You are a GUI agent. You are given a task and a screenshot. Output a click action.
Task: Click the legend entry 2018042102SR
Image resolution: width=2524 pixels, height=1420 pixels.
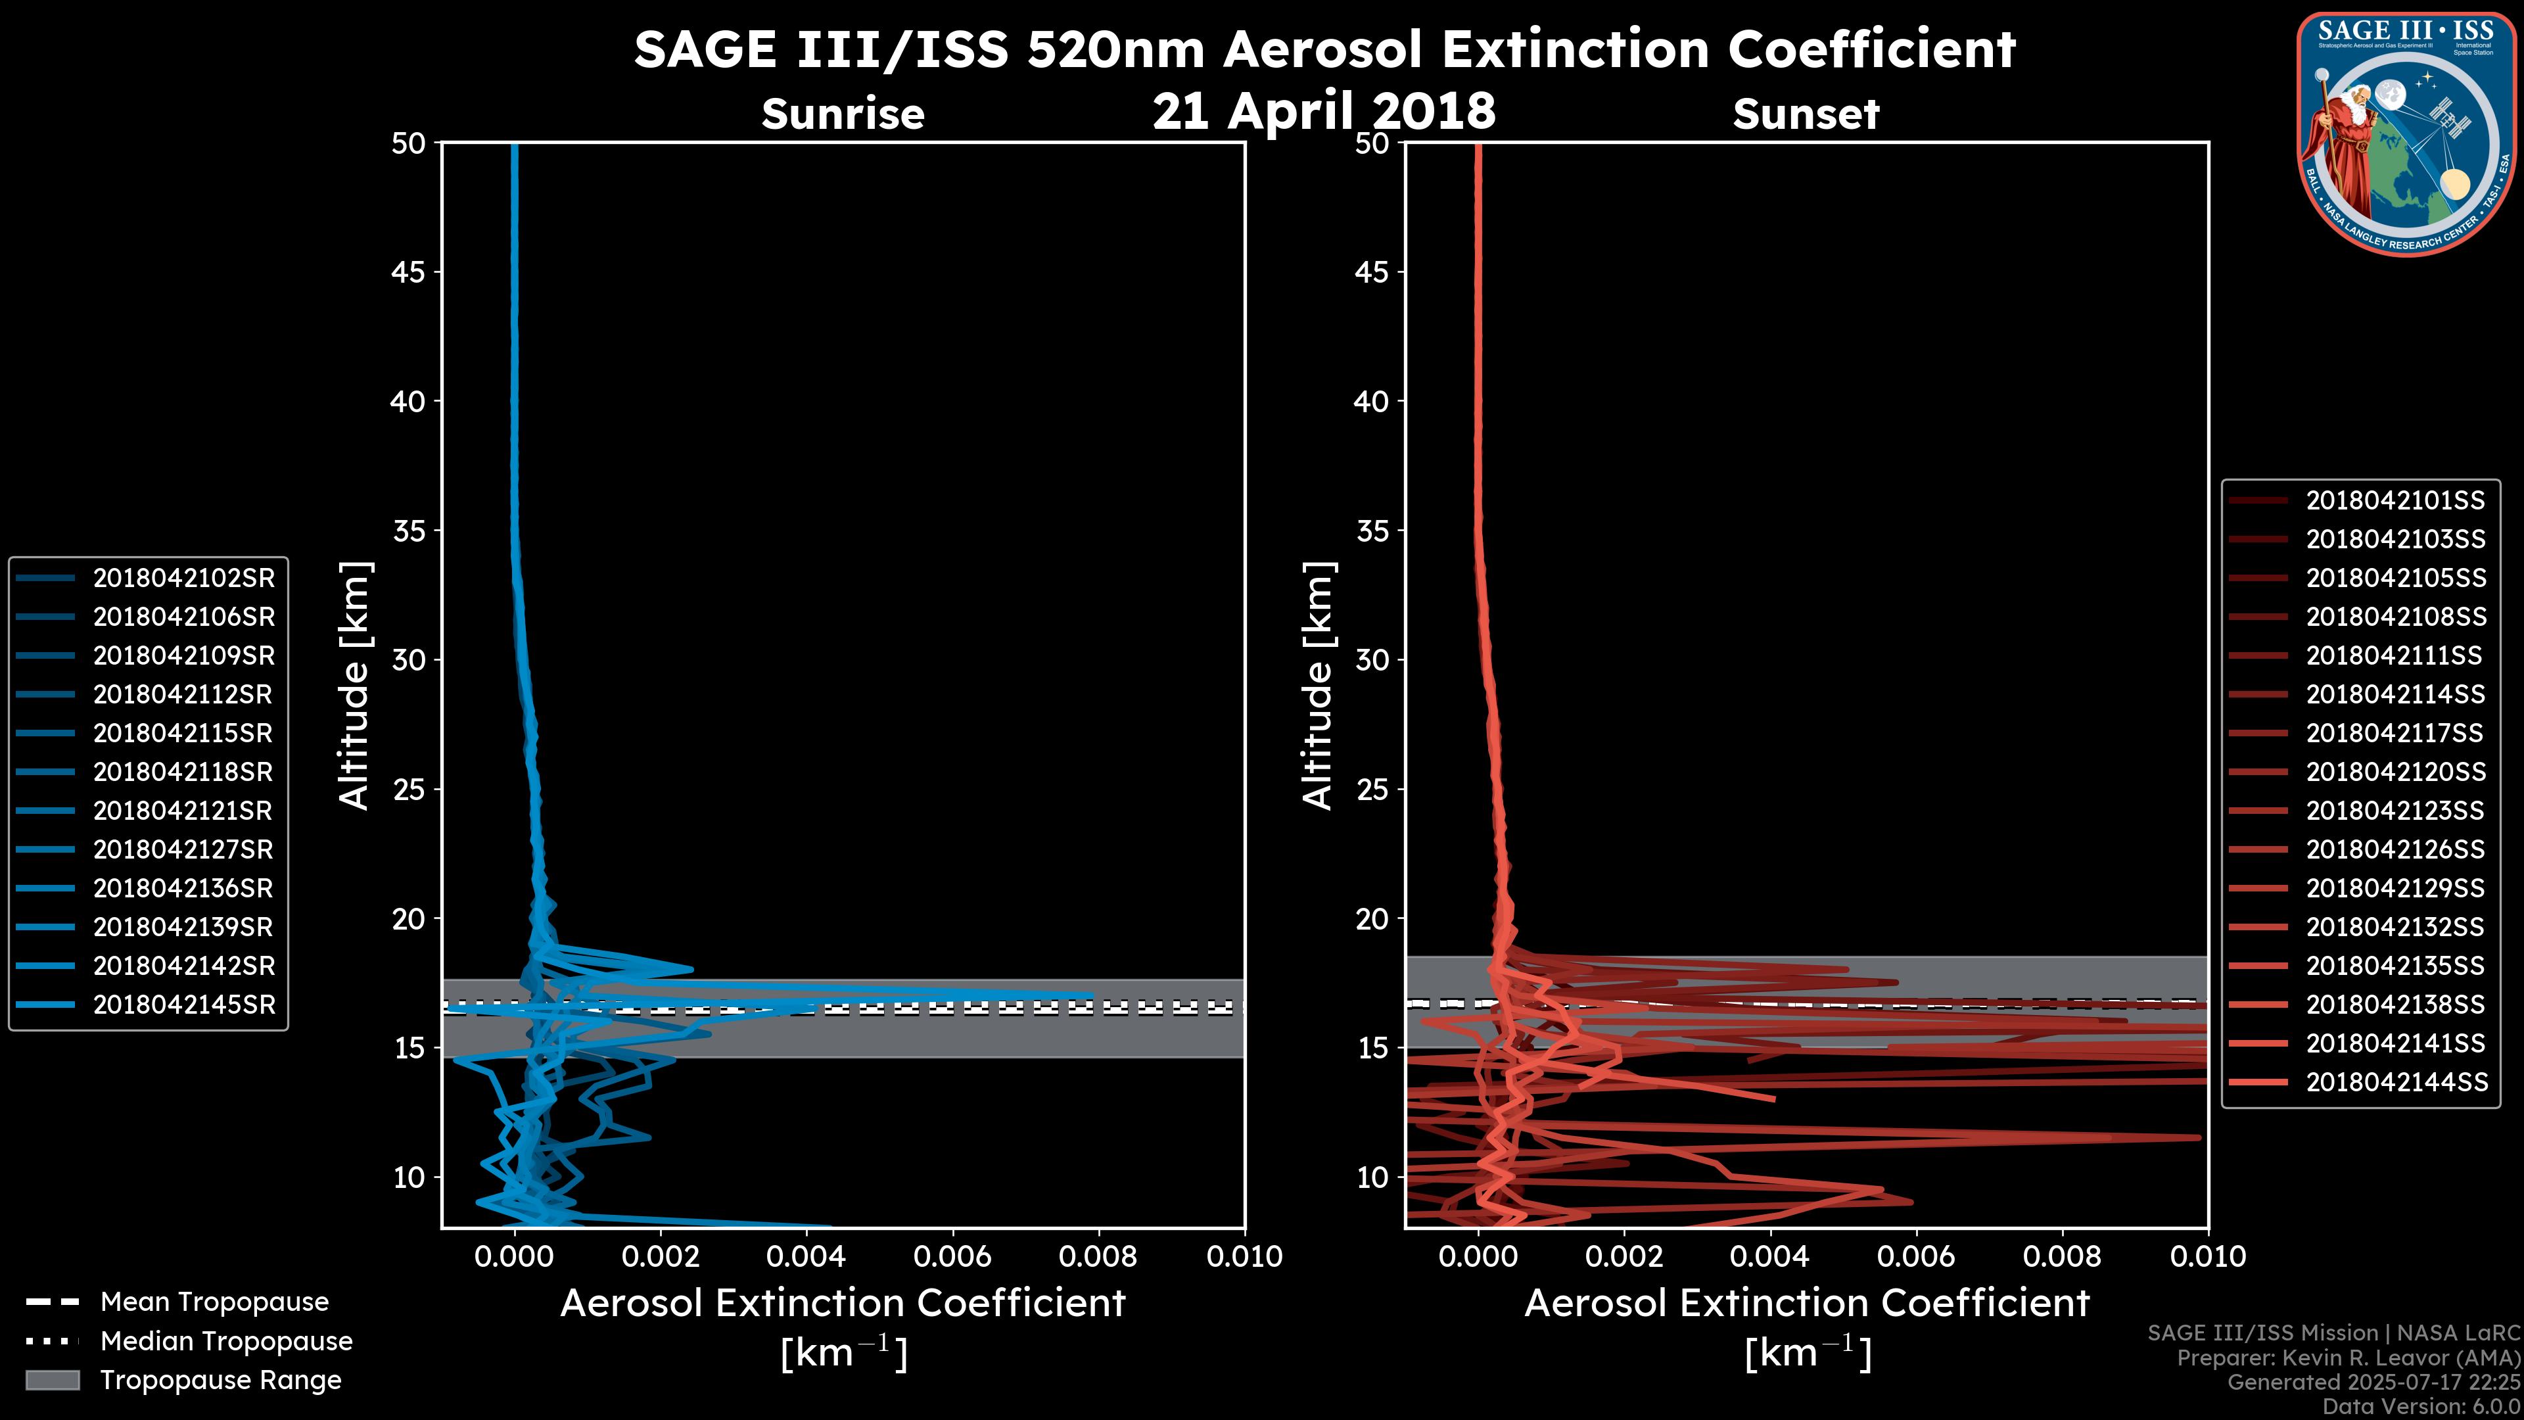[183, 579]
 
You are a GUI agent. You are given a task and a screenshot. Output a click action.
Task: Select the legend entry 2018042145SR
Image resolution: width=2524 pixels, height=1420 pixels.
[183, 1005]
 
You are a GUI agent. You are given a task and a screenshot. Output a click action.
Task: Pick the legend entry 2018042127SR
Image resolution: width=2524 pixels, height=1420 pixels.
[183, 849]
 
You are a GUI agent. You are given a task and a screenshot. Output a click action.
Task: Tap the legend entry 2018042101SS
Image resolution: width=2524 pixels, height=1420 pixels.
[2395, 501]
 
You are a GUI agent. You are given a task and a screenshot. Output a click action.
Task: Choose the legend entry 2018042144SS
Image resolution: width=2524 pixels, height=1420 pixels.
[2395, 1082]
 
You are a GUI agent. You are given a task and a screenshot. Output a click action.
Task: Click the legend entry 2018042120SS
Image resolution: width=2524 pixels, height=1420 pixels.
[2395, 772]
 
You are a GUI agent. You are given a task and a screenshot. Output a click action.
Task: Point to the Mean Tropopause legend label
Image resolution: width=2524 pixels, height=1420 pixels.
[214, 1302]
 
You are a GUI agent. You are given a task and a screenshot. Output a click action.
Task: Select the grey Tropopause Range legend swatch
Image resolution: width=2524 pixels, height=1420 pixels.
[53, 1380]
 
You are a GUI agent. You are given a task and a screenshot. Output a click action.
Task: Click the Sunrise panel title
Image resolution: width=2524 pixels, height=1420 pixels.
[843, 114]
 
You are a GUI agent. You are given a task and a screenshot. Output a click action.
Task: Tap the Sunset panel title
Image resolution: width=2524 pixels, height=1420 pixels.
[1806, 114]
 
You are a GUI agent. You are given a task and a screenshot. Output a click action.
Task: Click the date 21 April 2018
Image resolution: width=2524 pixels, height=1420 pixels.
[1324, 110]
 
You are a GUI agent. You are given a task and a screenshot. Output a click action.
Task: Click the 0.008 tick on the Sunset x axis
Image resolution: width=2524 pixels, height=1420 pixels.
[2063, 1256]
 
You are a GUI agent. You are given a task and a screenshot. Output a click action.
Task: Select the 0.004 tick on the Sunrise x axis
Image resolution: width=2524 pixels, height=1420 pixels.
[805, 1256]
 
